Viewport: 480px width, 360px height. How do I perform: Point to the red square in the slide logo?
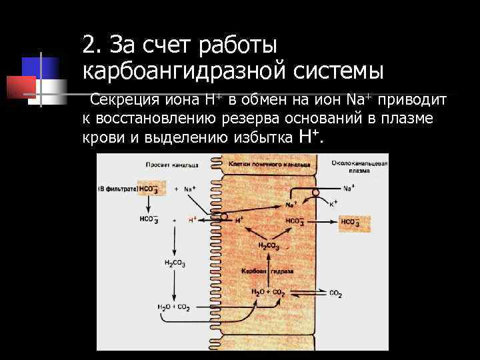coord(21,85)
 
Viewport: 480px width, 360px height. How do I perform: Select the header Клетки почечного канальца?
coord(269,163)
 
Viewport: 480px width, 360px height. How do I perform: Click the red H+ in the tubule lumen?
coord(193,219)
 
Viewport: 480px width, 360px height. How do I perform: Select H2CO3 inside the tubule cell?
coord(269,247)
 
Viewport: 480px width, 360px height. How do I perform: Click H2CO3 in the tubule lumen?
coord(175,263)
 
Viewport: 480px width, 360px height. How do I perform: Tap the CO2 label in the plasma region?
coord(335,293)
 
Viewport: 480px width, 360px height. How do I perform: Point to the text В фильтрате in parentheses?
coord(117,189)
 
